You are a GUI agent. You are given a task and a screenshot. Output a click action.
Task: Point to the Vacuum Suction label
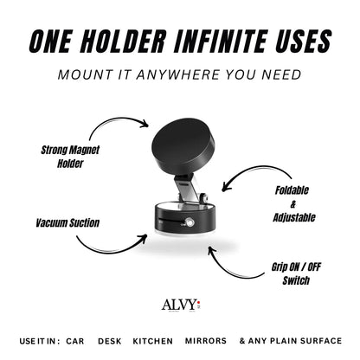tap(67, 222)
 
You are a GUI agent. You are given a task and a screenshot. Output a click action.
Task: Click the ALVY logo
tap(177, 305)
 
